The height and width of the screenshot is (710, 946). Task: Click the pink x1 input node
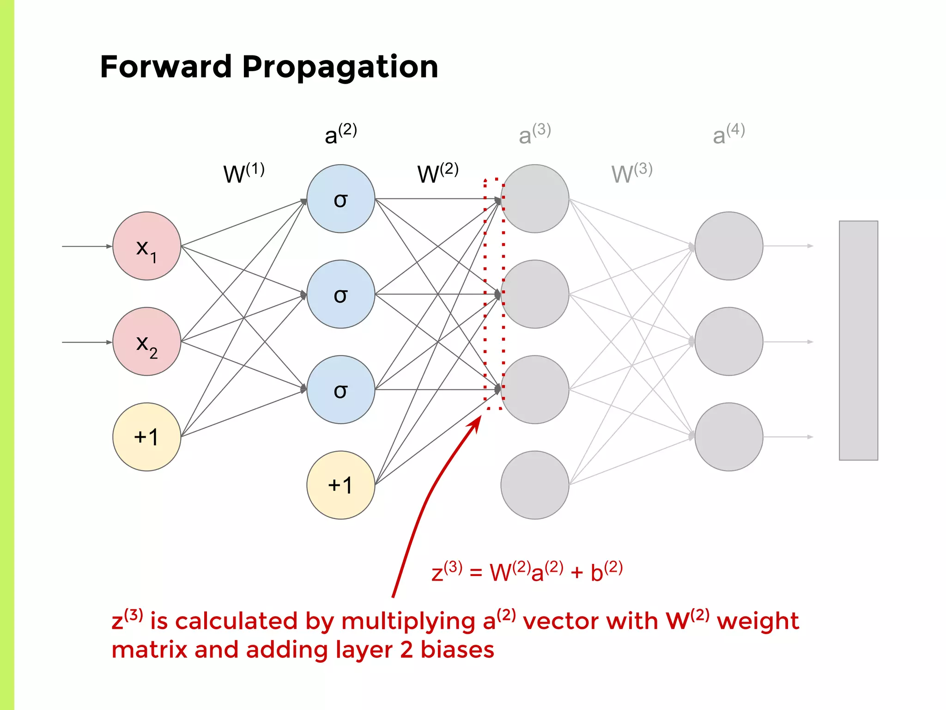click(146, 246)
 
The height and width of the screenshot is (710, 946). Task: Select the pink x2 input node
click(146, 342)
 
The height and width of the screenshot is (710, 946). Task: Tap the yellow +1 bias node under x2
click(146, 437)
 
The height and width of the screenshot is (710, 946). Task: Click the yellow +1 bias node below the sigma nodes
click(340, 485)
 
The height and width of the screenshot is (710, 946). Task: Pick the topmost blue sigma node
click(340, 199)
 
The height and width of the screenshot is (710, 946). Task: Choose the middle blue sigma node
click(340, 294)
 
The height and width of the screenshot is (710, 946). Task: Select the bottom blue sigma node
click(340, 390)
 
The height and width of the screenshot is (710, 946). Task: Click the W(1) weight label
click(243, 173)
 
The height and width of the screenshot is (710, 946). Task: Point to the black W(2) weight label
click(437, 173)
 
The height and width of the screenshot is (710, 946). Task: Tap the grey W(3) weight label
click(631, 173)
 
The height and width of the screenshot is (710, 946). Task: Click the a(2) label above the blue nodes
click(340, 134)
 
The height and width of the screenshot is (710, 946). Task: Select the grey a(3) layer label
click(534, 134)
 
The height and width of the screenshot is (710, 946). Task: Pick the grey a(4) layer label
click(728, 134)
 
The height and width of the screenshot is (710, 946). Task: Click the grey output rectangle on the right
click(858, 340)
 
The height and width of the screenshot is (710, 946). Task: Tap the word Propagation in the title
click(340, 67)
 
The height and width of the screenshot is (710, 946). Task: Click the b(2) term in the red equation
click(606, 572)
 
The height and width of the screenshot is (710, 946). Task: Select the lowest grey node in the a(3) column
click(534, 485)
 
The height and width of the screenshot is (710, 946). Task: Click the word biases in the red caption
click(457, 649)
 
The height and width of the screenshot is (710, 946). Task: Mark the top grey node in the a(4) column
click(728, 246)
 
